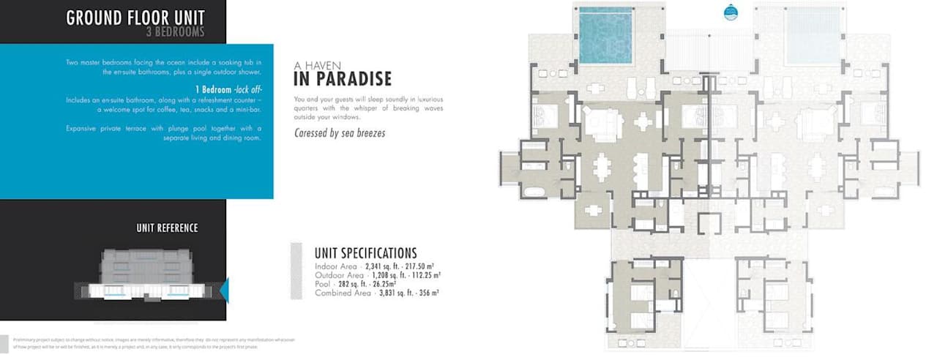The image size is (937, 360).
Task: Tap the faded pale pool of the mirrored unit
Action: (812, 34)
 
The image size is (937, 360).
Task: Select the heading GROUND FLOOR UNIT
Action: (135, 18)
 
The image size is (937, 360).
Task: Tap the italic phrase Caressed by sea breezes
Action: (339, 133)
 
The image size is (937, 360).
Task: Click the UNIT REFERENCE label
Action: (167, 228)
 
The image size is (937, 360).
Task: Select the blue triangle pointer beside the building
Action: (224, 290)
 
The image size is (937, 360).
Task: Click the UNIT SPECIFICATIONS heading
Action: (365, 253)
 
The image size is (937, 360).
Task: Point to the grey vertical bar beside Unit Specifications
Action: (296, 271)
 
